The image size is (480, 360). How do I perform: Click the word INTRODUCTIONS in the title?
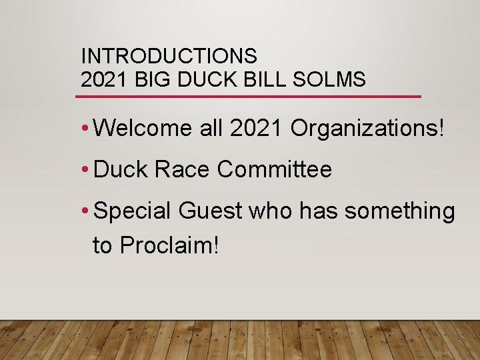[x=169, y=55]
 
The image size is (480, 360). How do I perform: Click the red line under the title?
[x=248, y=97]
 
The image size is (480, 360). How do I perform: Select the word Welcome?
[x=144, y=129]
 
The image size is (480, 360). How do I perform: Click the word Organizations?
[x=367, y=129]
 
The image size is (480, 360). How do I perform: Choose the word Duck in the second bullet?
[x=121, y=169]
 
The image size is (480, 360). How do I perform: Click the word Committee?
[x=274, y=169]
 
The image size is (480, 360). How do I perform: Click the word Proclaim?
[x=169, y=245]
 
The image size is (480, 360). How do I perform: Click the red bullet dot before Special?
[x=85, y=211]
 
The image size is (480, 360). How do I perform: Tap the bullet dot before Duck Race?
[x=85, y=170]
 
